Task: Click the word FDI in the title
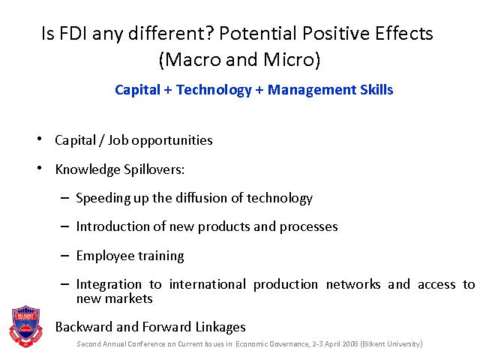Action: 73,33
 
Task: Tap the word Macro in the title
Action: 193,59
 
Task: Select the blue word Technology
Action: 214,90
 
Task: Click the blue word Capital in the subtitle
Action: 137,90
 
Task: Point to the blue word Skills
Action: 376,90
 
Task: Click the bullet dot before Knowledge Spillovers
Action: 39,168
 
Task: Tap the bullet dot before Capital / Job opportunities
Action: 39,139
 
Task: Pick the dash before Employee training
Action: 65,255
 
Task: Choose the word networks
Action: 353,284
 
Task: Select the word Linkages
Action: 220,327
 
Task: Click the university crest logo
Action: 26,326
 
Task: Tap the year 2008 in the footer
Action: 350,344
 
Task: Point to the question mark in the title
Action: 209,33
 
